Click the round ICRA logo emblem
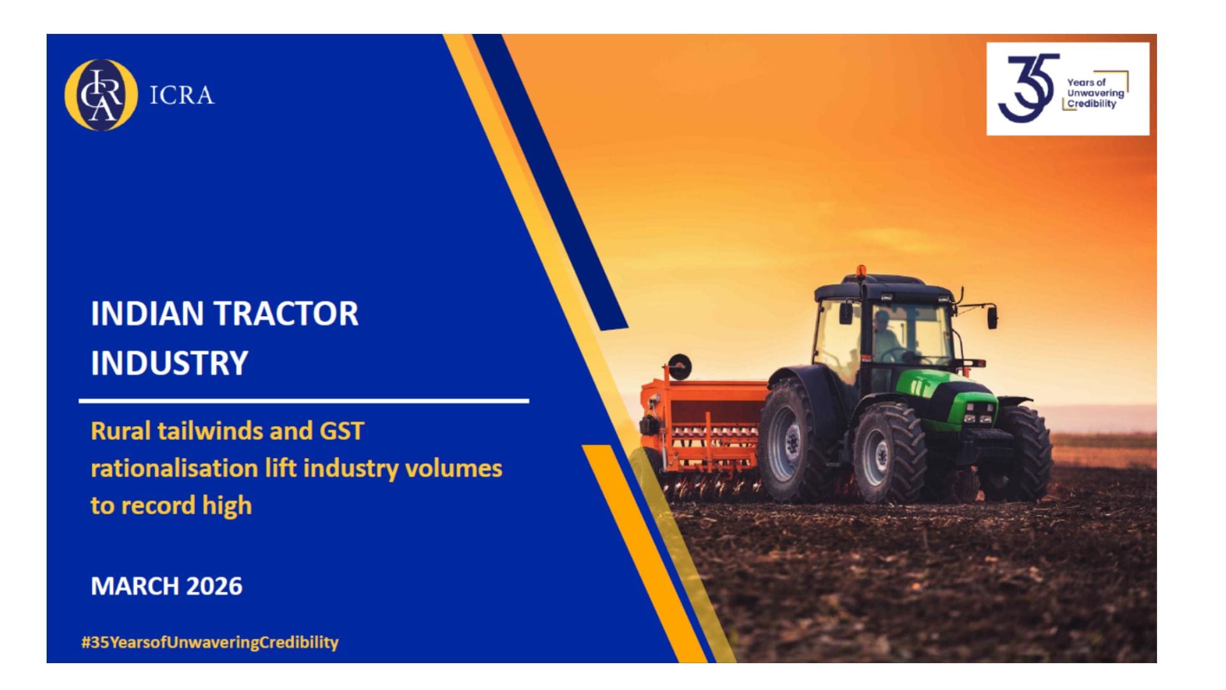point(101,95)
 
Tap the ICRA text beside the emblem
point(182,96)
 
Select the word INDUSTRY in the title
point(169,363)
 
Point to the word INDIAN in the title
point(148,314)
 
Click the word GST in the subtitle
point(342,431)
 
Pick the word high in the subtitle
point(227,506)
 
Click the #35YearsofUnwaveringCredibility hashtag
point(209,642)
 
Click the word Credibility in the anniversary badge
point(1092,103)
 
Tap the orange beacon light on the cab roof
point(861,271)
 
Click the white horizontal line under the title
point(304,401)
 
